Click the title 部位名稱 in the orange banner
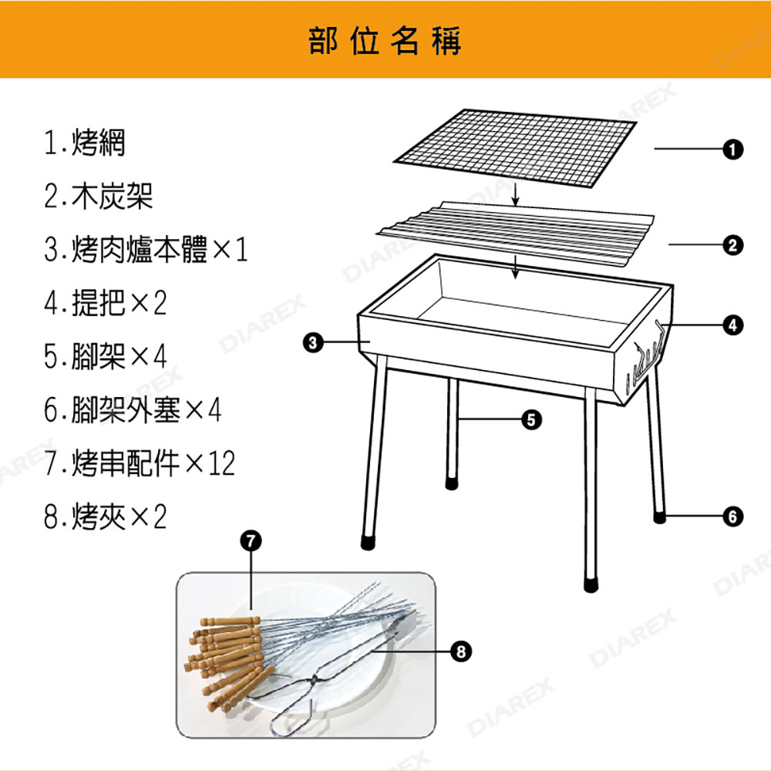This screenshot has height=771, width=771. coord(385,41)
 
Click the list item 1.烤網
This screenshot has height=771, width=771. coord(85,143)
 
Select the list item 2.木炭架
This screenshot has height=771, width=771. coord(99,196)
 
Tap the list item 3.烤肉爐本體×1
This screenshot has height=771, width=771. coord(146,249)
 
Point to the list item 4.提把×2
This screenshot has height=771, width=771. coord(105,302)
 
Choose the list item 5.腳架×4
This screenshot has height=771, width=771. coord(105,356)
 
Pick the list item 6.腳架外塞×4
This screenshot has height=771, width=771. coord(133,409)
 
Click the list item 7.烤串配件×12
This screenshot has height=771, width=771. coord(140,463)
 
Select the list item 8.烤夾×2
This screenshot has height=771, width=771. coord(105,517)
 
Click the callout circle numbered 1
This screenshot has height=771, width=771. coord(732,149)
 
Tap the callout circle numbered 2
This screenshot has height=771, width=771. coord(732,245)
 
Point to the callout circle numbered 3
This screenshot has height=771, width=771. coord(314,342)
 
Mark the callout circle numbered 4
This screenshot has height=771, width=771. coord(732,325)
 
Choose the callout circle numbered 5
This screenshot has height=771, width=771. coord(531,419)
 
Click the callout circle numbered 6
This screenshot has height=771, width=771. coord(732,517)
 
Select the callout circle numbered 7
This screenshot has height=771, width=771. coord(251,541)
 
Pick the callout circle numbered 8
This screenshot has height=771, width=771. coord(461,651)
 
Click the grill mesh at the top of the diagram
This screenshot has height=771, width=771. coord(515,147)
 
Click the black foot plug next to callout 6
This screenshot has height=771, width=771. coord(659,517)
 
